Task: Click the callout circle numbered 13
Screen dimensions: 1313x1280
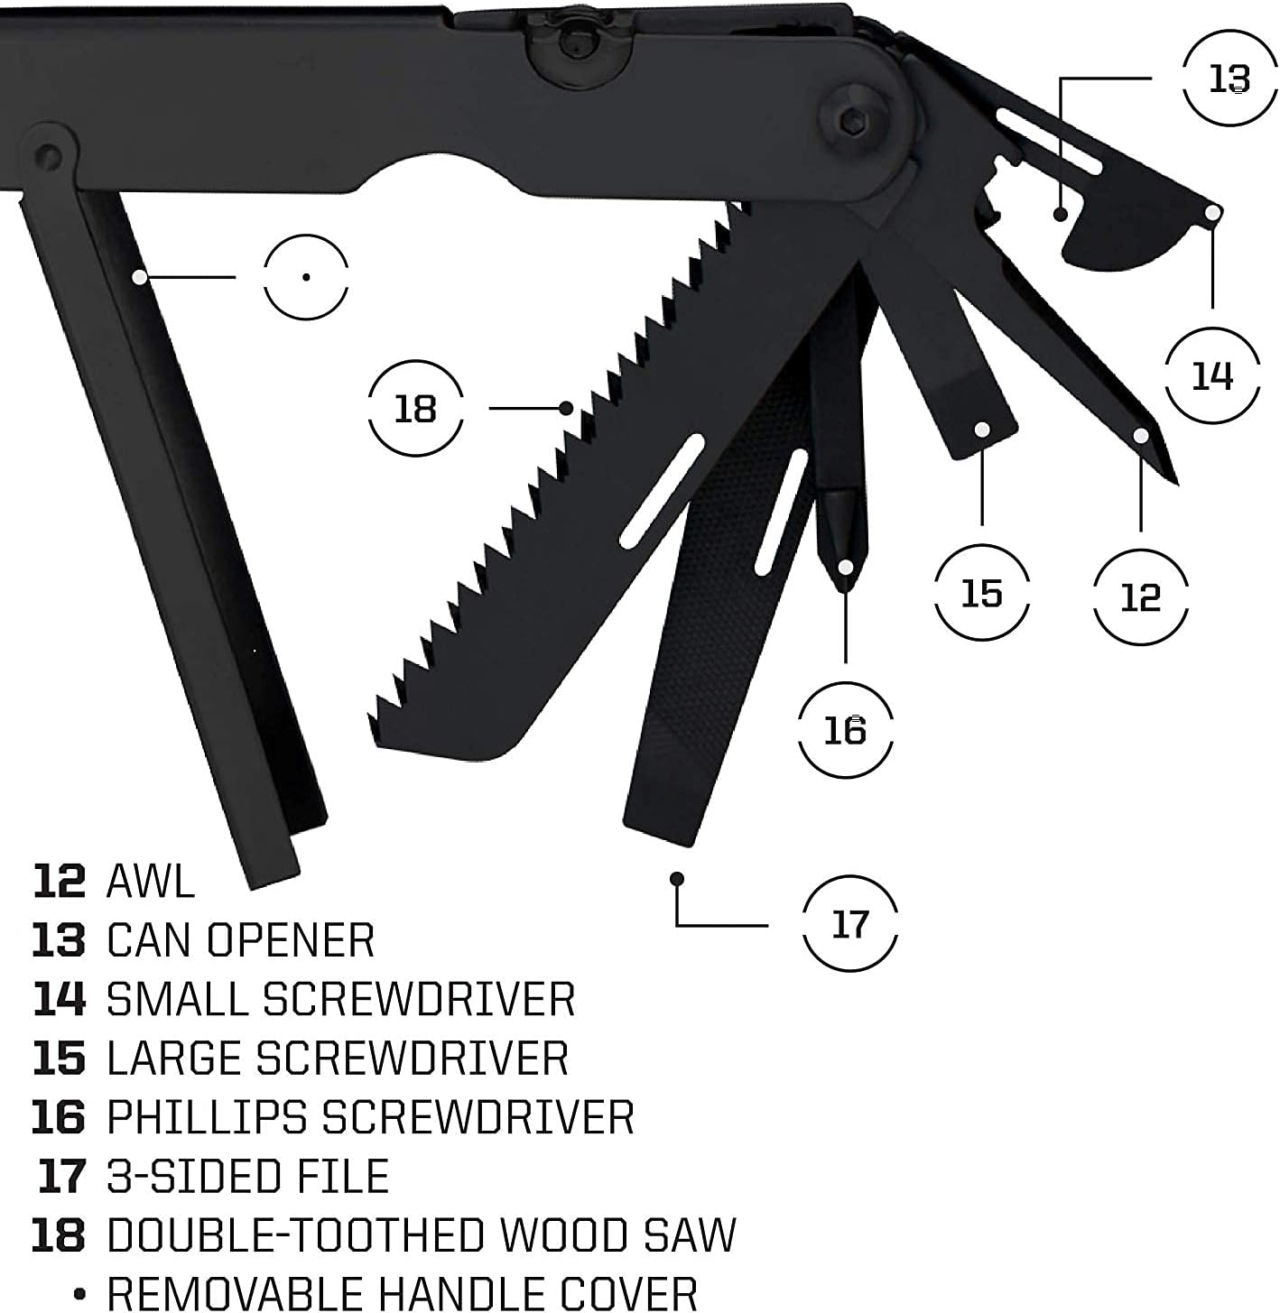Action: pos(1229,79)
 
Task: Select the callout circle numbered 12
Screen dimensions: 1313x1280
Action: pos(1140,596)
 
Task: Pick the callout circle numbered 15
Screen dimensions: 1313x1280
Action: pos(981,593)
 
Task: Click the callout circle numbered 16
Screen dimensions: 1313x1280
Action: pos(845,729)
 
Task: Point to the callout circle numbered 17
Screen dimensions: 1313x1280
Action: pos(849,924)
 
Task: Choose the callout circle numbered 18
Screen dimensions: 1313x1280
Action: pos(415,409)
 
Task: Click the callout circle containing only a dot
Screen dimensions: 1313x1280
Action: pos(306,276)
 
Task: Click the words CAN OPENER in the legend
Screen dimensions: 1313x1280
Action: pos(240,940)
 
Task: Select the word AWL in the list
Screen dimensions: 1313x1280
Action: pos(150,881)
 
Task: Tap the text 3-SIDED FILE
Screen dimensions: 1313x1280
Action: pos(247,1177)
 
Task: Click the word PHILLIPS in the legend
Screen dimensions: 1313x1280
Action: pos(207,1117)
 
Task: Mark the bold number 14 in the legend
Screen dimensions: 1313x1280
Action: pos(59,999)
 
